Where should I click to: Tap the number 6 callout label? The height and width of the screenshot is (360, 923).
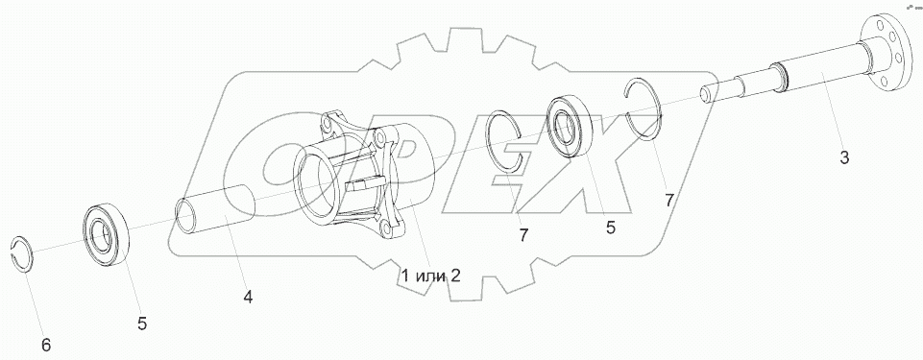coord(46,345)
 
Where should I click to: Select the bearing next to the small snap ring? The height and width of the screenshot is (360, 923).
coord(106,235)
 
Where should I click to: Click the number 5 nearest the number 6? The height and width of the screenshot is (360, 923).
coord(142,323)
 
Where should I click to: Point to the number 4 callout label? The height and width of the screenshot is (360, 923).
coord(248,297)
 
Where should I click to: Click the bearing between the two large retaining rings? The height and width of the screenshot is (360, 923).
coord(570,128)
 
